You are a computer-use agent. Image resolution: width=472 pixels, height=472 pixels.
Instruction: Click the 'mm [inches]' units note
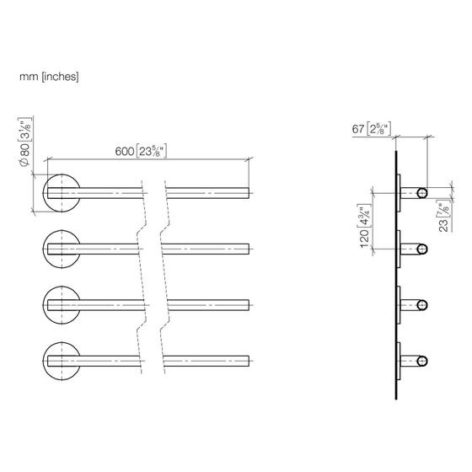pyautogui.click(x=49, y=77)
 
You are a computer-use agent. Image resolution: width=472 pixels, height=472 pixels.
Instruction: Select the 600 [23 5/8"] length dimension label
pyautogui.click(x=141, y=151)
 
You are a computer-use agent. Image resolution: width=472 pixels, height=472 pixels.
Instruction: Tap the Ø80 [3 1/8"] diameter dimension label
pyautogui.click(x=25, y=142)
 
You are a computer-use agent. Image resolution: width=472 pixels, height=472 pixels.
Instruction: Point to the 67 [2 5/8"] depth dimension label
pyautogui.click(x=372, y=129)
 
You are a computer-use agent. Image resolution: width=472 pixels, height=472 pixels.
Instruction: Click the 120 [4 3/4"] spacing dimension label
pyautogui.click(x=364, y=226)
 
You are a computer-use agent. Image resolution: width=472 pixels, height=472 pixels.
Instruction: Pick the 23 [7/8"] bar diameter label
pyautogui.click(x=443, y=217)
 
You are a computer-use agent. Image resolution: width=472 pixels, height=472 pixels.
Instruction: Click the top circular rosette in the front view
pyautogui.click(x=62, y=174)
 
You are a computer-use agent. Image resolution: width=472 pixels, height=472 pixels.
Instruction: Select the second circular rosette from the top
pyautogui.click(x=62, y=231)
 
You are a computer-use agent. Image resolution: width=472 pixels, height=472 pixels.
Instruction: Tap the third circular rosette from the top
pyautogui.click(x=62, y=287)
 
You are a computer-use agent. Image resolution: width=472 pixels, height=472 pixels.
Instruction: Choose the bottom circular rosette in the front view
pyautogui.click(x=62, y=343)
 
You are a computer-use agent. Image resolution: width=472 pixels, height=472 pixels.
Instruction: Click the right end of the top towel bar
pyautogui.click(x=249, y=193)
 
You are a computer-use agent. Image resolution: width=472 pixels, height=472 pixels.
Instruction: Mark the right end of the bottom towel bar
pyautogui.click(x=249, y=361)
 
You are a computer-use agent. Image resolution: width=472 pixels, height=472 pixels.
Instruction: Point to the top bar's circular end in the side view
pyautogui.click(x=422, y=193)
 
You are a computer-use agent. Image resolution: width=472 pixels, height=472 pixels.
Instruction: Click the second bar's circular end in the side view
pyautogui.click(x=422, y=249)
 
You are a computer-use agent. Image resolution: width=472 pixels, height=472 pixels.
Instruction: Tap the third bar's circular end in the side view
pyautogui.click(x=422, y=305)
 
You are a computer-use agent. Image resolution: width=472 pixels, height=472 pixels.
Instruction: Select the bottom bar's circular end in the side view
pyautogui.click(x=422, y=362)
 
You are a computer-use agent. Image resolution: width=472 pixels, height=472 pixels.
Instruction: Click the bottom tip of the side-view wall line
pyautogui.click(x=396, y=400)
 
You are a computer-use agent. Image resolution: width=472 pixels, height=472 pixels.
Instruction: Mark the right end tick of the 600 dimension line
pyautogui.click(x=249, y=159)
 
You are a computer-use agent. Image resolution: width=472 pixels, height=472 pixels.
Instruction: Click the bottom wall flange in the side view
pyautogui.click(x=399, y=362)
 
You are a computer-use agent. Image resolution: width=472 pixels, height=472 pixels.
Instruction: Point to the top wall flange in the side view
pyautogui.click(x=399, y=193)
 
